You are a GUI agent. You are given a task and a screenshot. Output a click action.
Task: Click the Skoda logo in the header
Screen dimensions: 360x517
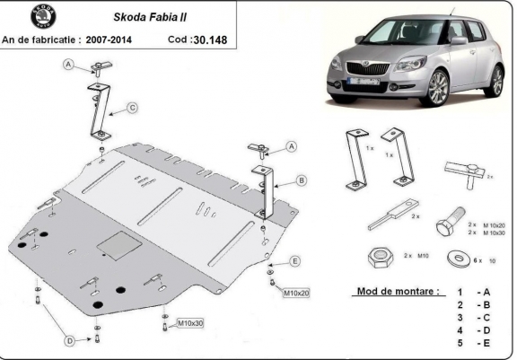[18, 18]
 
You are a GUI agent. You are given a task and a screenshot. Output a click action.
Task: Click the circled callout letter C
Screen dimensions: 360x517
[132, 109]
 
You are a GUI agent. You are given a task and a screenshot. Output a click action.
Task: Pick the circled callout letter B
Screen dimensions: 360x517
[302, 180]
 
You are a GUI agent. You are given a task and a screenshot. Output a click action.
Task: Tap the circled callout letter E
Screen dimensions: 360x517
[294, 261]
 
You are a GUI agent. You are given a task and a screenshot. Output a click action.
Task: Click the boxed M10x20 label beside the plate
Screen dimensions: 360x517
[297, 293]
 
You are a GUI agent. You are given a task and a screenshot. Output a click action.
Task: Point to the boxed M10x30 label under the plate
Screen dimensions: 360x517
[189, 322]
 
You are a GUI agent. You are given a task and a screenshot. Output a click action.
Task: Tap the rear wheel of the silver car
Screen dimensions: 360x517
[495, 81]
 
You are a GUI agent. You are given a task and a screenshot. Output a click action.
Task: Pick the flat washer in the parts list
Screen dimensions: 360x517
[459, 259]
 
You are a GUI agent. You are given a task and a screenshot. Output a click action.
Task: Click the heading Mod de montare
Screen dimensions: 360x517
[398, 293]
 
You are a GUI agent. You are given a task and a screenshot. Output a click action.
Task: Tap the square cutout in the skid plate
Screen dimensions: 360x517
[114, 241]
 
